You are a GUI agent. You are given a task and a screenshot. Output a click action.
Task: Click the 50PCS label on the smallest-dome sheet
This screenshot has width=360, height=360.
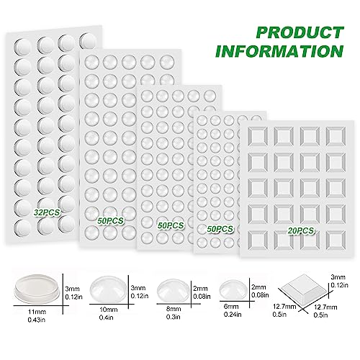point(220,228)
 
